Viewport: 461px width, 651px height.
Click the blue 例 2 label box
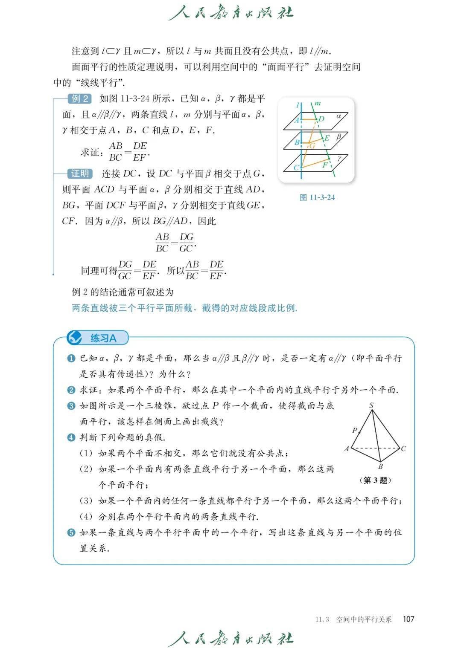click(80, 99)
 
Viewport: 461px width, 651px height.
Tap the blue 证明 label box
click(80, 174)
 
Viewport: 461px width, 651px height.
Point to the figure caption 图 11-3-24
click(317, 197)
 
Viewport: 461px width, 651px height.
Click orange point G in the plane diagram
click(312, 145)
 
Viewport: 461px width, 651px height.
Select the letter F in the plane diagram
click(325, 165)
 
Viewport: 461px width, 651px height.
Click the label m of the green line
click(318, 103)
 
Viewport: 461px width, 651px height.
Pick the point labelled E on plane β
click(327, 138)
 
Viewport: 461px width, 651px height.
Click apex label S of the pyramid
click(371, 405)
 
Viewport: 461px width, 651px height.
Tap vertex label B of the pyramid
click(380, 466)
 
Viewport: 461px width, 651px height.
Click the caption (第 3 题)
click(375, 480)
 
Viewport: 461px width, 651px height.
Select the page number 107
click(408, 619)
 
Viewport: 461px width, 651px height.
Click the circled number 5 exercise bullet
click(71, 532)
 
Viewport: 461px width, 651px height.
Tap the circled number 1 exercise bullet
click(71, 359)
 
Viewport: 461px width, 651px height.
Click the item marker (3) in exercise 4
click(86, 501)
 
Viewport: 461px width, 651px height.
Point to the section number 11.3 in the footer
click(322, 619)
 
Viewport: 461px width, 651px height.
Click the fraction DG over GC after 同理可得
click(125, 270)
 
